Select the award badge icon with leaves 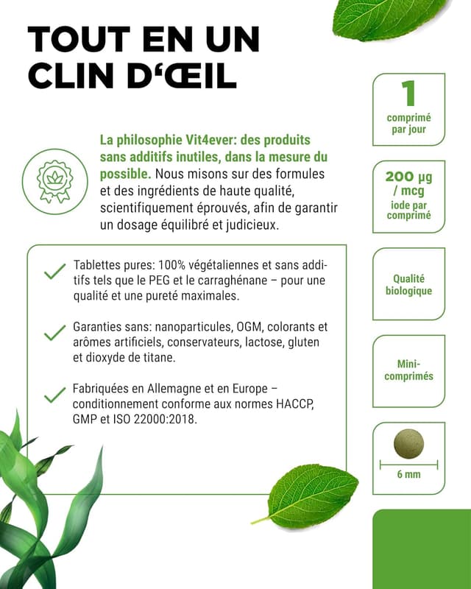pos(61,177)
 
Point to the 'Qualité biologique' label pos(408,285)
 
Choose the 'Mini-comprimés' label pos(408,370)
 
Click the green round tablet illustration pos(408,443)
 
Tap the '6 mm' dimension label pos(408,474)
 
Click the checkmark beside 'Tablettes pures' pos(54,273)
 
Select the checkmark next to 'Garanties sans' pos(54,334)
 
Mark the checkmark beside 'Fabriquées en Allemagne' pos(54,396)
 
